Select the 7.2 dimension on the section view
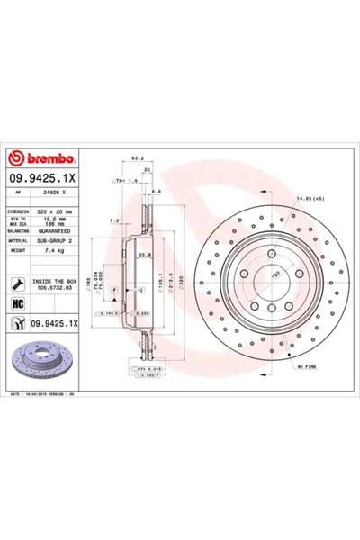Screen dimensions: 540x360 coord(113,220)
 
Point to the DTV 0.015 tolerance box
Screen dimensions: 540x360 coord(147,368)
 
